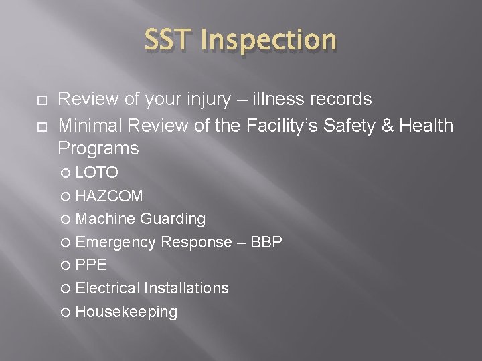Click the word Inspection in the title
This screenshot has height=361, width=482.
pyautogui.click(x=269, y=41)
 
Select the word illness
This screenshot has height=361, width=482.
pyautogui.click(x=284, y=100)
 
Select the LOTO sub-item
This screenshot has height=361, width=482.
pyautogui.click(x=97, y=173)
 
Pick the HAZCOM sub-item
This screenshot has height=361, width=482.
pyautogui.click(x=109, y=196)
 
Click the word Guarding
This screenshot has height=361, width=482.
pyautogui.click(x=173, y=219)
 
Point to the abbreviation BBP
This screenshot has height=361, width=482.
pyautogui.click(x=266, y=242)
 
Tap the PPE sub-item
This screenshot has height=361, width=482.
pyautogui.click(x=91, y=265)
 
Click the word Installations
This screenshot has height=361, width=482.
pyautogui.click(x=186, y=288)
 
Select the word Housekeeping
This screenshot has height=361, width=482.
pyautogui.click(x=127, y=312)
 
